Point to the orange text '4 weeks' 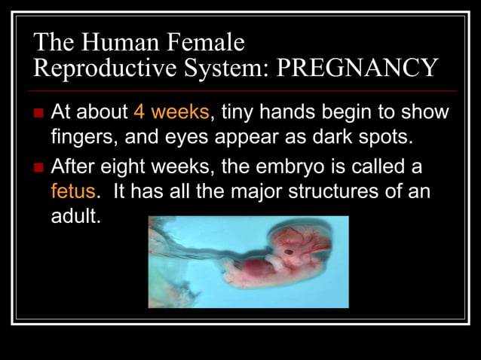tap(171, 113)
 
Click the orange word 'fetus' tap(73, 191)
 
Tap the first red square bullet tap(40, 114)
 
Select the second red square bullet tap(40, 166)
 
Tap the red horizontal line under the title tap(240, 90)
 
